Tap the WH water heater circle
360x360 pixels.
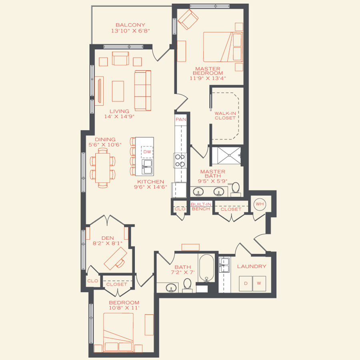tap(260, 204)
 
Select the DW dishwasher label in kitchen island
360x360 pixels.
tap(147, 152)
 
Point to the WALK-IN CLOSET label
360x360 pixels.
tap(225, 116)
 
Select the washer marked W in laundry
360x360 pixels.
tap(259, 284)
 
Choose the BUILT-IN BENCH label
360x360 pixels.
tap(201, 206)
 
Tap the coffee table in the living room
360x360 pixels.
tap(118, 91)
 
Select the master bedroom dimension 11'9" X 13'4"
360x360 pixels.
tap(208, 78)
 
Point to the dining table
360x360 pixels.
tap(102, 168)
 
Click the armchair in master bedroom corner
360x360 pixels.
tap(187, 19)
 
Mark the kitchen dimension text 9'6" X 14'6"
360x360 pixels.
tap(150, 187)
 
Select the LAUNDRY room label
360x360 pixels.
tap(251, 266)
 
